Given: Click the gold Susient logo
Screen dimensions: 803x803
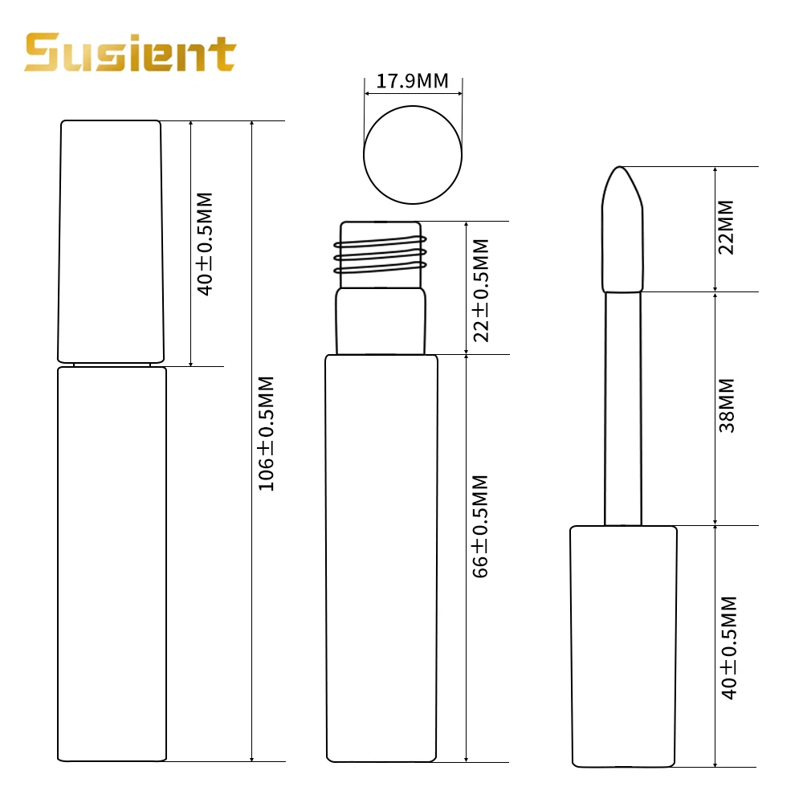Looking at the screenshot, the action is click(130, 53).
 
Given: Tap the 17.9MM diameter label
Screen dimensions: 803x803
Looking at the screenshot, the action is click(412, 81).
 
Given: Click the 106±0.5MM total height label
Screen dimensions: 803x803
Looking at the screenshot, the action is click(266, 434).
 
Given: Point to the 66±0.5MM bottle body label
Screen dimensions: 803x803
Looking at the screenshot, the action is click(480, 527).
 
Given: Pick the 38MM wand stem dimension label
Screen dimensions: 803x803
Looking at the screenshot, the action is click(727, 406).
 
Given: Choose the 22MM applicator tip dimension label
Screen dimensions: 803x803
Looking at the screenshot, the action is click(726, 227).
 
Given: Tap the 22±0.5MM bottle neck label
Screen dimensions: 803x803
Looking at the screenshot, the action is click(481, 291).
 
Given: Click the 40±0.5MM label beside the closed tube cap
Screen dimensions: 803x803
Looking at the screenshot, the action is click(204, 244).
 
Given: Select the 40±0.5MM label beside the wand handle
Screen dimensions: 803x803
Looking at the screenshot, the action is click(728, 647).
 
